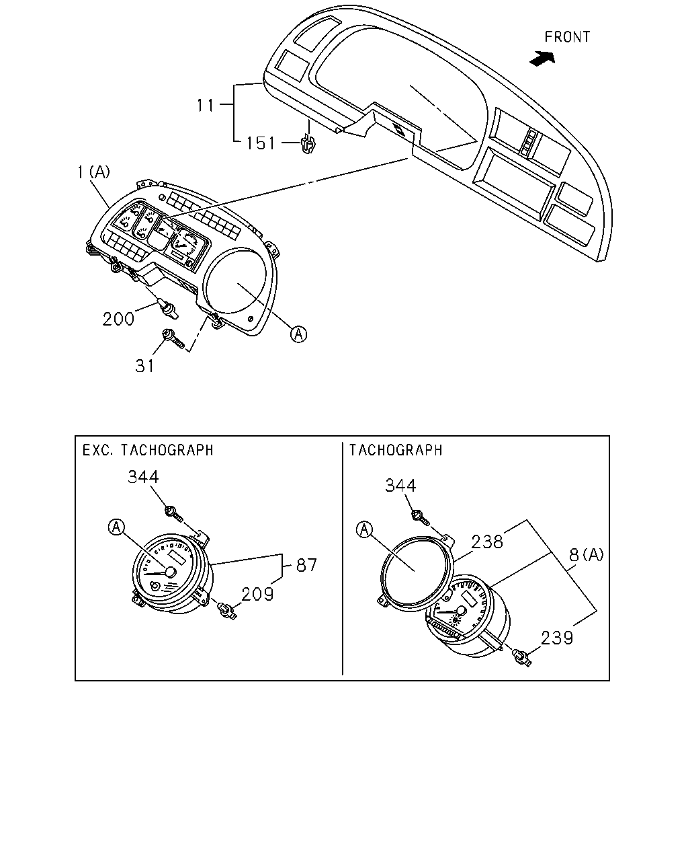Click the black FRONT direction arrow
[x=543, y=58]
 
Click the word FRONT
[x=567, y=37]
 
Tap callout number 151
[x=261, y=143]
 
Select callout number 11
[x=205, y=105]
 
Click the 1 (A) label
[x=93, y=172]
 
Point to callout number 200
[x=118, y=319]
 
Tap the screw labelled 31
[x=173, y=338]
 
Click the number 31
[x=144, y=366]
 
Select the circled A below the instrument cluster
[x=298, y=334]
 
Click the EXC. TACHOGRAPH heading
[x=148, y=450]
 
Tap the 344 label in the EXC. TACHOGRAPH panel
[x=143, y=476]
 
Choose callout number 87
[x=306, y=565]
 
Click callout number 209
[x=257, y=594]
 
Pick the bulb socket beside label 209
[x=226, y=611]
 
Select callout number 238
[x=487, y=542]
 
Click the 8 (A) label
[x=586, y=555]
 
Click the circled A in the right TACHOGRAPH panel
[x=364, y=530]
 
